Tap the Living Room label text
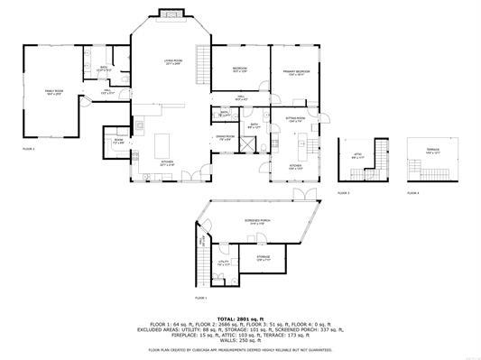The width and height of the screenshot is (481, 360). [x=171, y=62]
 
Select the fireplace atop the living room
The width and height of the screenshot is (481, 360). [x=171, y=14]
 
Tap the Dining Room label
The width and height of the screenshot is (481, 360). [x=224, y=139]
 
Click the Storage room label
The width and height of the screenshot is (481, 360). [x=263, y=258]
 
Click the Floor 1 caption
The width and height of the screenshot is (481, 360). [x=200, y=297]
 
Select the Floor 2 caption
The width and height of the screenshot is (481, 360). [x=28, y=148]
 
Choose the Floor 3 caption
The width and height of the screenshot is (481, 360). [x=344, y=193]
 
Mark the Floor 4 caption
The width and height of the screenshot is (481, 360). [x=412, y=193]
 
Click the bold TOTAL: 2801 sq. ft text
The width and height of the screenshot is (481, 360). [x=240, y=318]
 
